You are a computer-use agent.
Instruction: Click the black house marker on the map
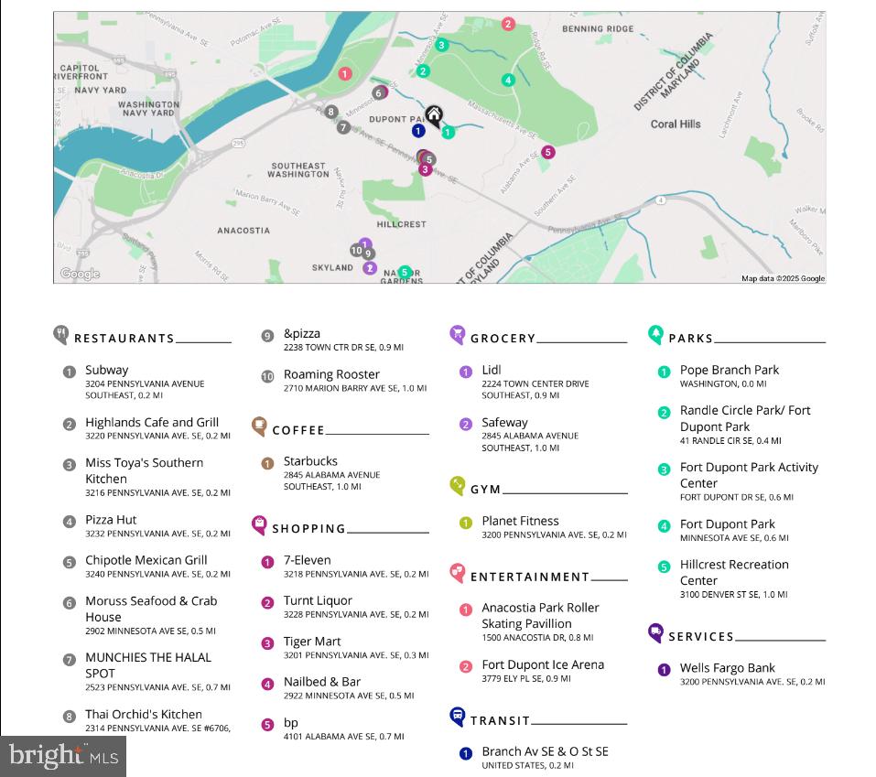coord(434,115)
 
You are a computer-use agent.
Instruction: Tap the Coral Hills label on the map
coord(676,124)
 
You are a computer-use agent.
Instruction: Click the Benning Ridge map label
coord(597,29)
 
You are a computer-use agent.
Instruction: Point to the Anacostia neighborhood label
coord(243,231)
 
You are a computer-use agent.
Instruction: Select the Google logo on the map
coord(80,274)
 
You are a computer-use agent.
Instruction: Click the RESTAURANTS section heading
coord(124,339)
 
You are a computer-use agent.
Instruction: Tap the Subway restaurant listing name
coord(107,371)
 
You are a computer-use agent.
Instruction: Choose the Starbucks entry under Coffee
coord(310,461)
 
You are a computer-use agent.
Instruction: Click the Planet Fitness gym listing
coord(520,521)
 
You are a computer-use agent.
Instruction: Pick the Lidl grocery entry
coord(491,371)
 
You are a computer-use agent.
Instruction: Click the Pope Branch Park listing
coord(729,371)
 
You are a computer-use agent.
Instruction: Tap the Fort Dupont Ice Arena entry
coord(543,665)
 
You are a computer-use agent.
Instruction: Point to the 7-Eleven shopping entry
coord(307,560)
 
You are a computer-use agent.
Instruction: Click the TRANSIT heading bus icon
coord(458,717)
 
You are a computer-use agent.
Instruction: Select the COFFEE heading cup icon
coord(259,426)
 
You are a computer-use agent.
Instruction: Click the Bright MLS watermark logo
coord(63,756)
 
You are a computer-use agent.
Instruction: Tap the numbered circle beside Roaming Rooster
coord(267,376)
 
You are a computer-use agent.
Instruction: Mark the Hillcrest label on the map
coord(401,224)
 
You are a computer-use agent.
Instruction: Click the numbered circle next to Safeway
coord(466,424)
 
